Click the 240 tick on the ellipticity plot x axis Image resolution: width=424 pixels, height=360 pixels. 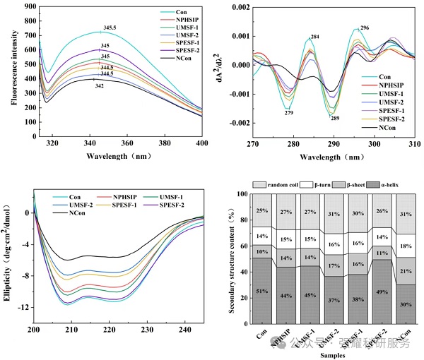click(x=182, y=330)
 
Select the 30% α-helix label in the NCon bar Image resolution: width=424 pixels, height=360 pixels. click(x=404, y=304)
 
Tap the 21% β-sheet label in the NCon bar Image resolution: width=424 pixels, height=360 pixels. click(x=404, y=271)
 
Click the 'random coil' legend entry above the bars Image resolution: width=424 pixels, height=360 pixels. click(x=278, y=184)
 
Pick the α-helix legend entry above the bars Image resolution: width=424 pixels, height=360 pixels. click(x=394, y=184)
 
